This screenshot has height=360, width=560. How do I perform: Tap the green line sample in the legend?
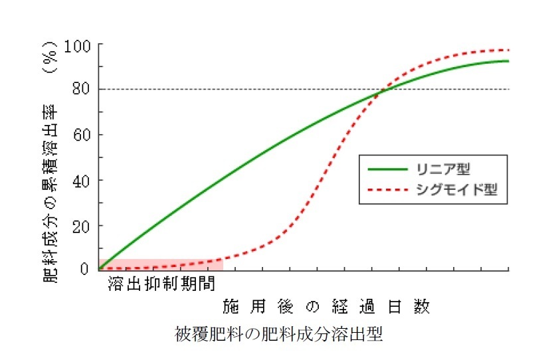389,165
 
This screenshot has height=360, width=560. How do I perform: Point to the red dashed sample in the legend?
389,191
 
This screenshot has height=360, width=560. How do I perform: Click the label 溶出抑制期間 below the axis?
161,284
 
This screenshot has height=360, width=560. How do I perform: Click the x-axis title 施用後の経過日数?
326,307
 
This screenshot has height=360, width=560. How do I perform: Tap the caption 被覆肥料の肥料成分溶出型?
279,332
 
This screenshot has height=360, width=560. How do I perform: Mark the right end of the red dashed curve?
508,50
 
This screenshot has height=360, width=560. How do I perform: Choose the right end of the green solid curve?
508,61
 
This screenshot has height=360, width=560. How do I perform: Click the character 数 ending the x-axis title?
421,307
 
